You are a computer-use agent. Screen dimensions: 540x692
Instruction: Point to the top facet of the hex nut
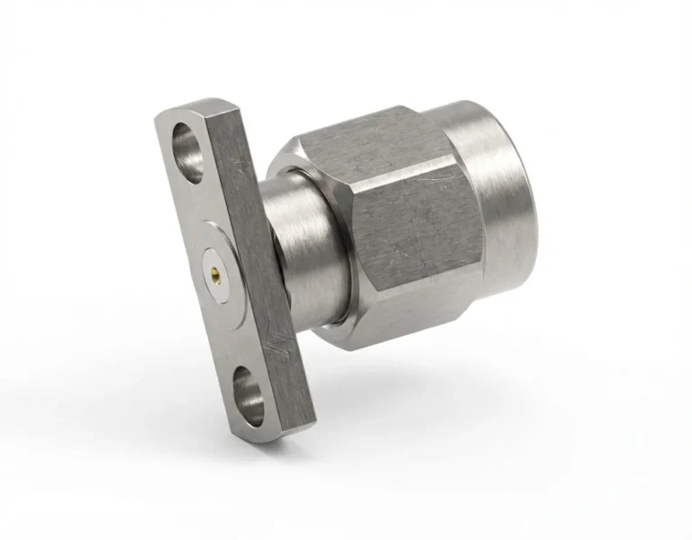coord(360,139)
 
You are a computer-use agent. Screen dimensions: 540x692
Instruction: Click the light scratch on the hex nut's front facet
coord(423,207)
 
